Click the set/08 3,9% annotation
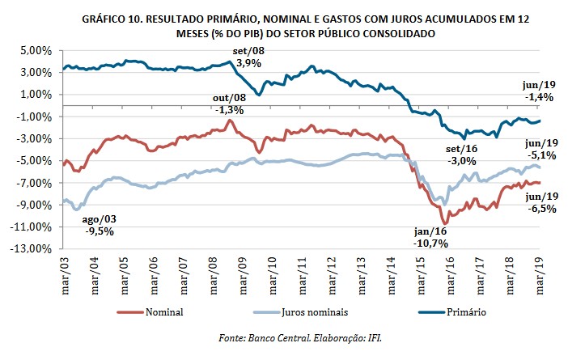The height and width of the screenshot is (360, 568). pyautogui.click(x=248, y=57)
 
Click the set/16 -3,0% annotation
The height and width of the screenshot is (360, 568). pyautogui.click(x=461, y=155)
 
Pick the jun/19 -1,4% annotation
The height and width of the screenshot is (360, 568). pyautogui.click(x=539, y=91)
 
